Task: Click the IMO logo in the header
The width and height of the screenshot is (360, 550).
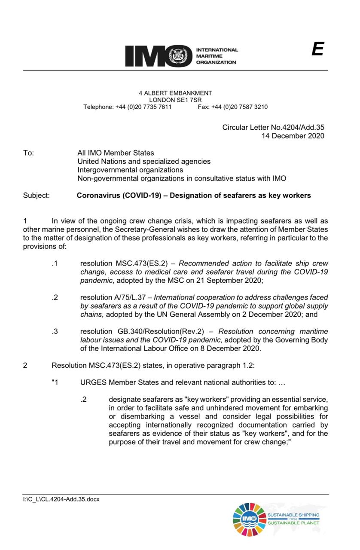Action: click(159, 56)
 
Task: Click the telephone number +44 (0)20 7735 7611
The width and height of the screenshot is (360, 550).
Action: click(143, 107)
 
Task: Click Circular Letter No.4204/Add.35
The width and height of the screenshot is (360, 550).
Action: click(273, 128)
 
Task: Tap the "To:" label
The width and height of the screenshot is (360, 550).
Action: click(28, 153)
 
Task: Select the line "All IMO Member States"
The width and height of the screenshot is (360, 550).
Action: click(116, 153)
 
